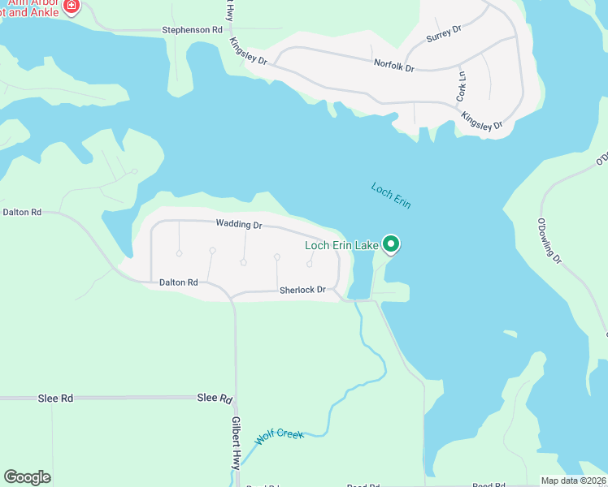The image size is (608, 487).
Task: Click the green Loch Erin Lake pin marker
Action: click(x=391, y=243)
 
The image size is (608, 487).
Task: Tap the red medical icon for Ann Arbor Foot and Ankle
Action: click(x=72, y=6)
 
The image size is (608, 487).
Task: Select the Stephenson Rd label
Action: click(x=192, y=30)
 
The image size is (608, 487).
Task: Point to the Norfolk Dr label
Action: click(x=394, y=65)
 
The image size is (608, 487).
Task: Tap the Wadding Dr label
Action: click(x=239, y=224)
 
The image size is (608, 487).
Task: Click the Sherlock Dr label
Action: click(x=302, y=290)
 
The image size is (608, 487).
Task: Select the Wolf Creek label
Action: click(x=279, y=435)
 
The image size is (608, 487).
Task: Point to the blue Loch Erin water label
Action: click(x=391, y=196)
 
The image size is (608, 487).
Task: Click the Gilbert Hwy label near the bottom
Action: click(x=235, y=442)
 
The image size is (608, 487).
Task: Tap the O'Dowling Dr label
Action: click(x=549, y=240)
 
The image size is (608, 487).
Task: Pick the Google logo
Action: click(x=27, y=477)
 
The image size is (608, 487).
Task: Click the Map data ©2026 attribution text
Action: click(x=573, y=481)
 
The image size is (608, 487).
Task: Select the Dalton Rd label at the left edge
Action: click(x=22, y=212)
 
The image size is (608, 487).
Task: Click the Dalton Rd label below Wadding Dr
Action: click(x=178, y=282)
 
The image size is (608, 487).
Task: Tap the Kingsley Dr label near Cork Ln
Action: click(x=482, y=122)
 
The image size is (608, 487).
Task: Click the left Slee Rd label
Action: click(x=55, y=399)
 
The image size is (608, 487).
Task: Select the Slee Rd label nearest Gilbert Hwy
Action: click(x=215, y=399)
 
